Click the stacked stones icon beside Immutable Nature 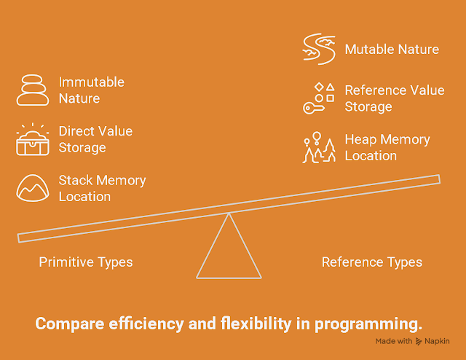[33, 90]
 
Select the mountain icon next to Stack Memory [33, 188]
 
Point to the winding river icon [319, 49]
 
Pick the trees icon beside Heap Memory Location [319, 147]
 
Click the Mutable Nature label [392, 50]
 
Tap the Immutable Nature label [92, 90]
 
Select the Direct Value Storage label [95, 139]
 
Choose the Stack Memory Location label [102, 188]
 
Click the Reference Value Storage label [395, 98]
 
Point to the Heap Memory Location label [387, 147]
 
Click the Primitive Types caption [86, 262]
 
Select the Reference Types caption [372, 262]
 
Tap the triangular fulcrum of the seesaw [229, 277]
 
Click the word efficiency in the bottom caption [146, 324]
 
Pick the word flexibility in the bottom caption [256, 324]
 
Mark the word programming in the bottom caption [368, 324]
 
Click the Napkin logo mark [419, 341]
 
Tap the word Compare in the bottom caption [70, 324]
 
